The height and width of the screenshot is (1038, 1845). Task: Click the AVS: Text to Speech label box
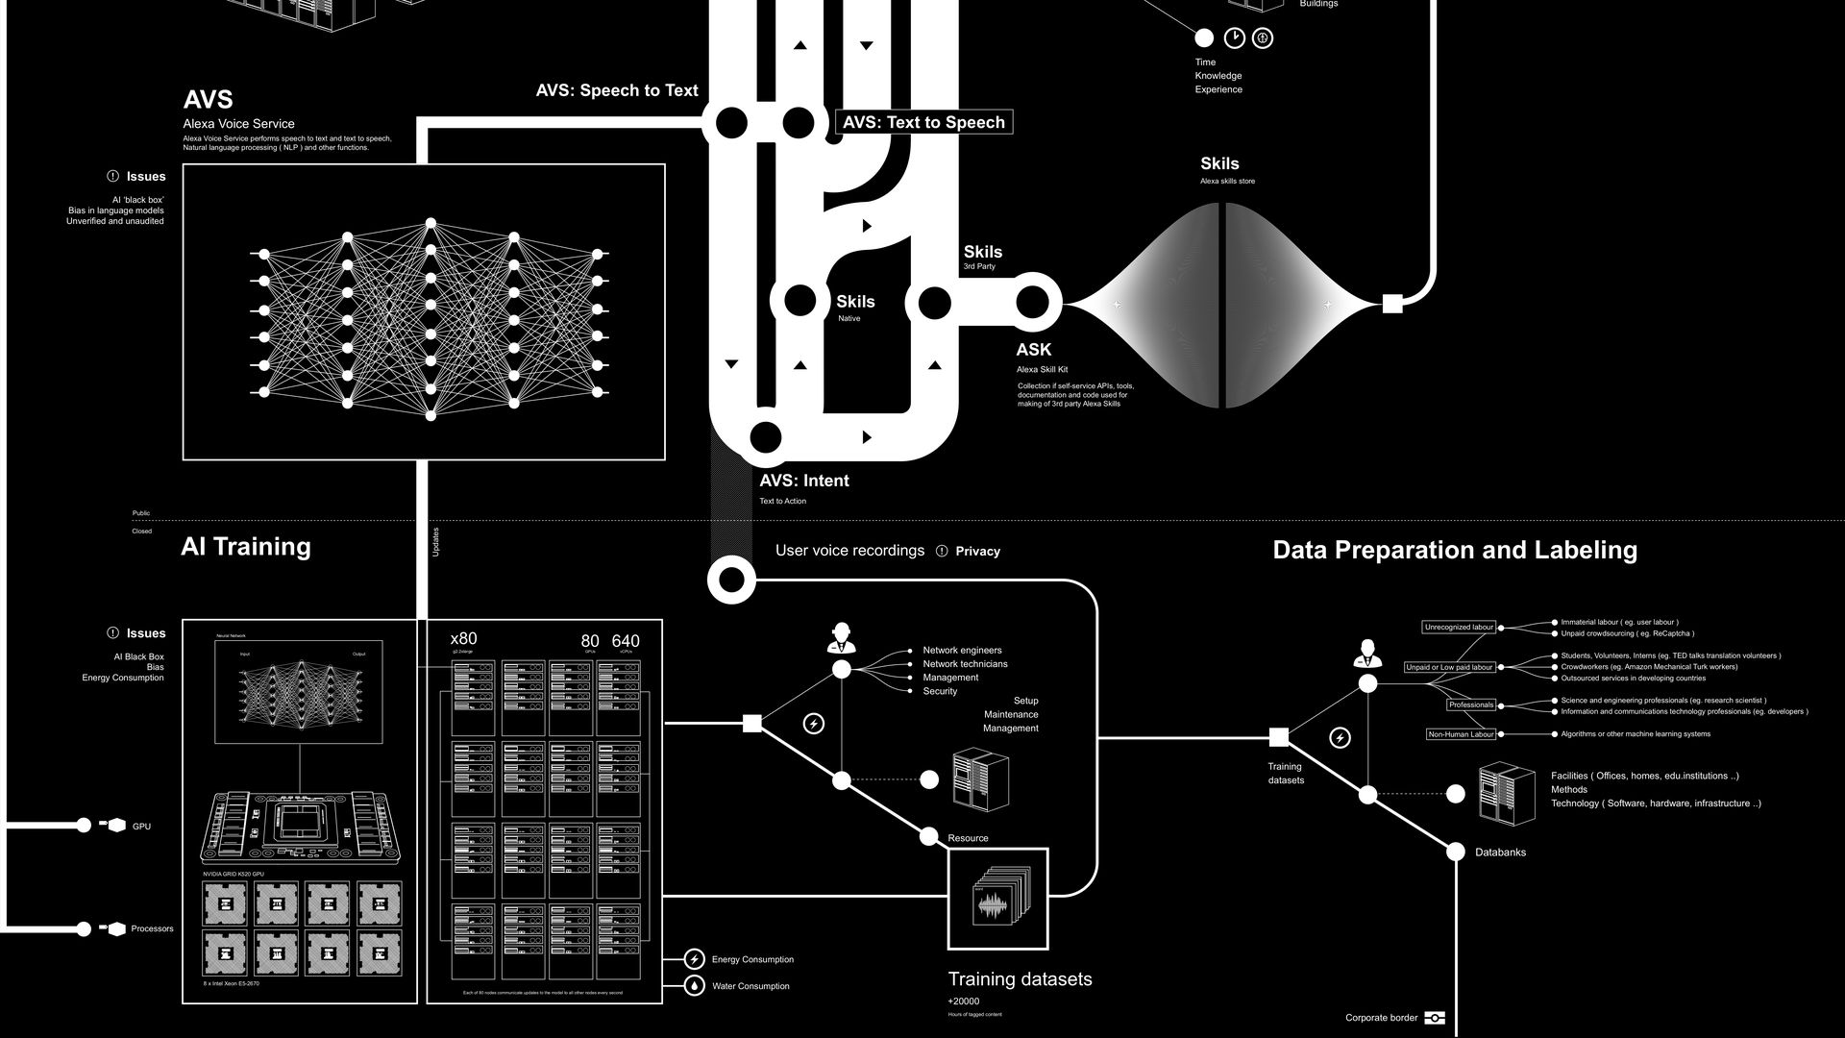pyautogui.click(x=924, y=122)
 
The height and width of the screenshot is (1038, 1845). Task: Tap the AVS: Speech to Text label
pyautogui.click(x=617, y=90)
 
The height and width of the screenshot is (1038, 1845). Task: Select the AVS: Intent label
pyautogui.click(x=804, y=481)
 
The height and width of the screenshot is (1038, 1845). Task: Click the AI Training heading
pyautogui.click(x=246, y=547)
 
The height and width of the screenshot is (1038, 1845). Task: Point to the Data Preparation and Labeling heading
pyautogui.click(x=1455, y=550)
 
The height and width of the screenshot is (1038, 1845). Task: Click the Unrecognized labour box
pyautogui.click(x=1459, y=628)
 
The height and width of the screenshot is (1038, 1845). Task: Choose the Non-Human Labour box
pyautogui.click(x=1461, y=734)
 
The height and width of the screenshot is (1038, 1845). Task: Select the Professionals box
pyautogui.click(x=1471, y=704)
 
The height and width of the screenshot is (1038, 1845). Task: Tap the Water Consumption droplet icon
pyautogui.click(x=694, y=986)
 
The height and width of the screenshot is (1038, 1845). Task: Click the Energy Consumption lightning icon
pyautogui.click(x=694, y=959)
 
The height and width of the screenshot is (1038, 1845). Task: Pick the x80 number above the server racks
pyautogui.click(x=463, y=639)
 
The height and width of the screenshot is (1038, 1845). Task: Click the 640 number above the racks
pyautogui.click(x=625, y=641)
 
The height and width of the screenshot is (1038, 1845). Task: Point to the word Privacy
pyautogui.click(x=977, y=552)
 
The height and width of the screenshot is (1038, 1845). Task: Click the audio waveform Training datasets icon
pyautogui.click(x=998, y=899)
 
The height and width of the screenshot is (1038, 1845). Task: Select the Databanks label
pyautogui.click(x=1500, y=853)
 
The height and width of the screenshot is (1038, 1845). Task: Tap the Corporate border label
pyautogui.click(x=1381, y=1018)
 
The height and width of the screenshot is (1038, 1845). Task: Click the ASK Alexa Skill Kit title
pyautogui.click(x=1034, y=350)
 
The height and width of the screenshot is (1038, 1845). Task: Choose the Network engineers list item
pyautogui.click(x=962, y=651)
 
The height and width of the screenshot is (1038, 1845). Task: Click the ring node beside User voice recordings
pyautogui.click(x=731, y=580)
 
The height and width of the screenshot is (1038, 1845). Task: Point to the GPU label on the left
pyautogui.click(x=141, y=827)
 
